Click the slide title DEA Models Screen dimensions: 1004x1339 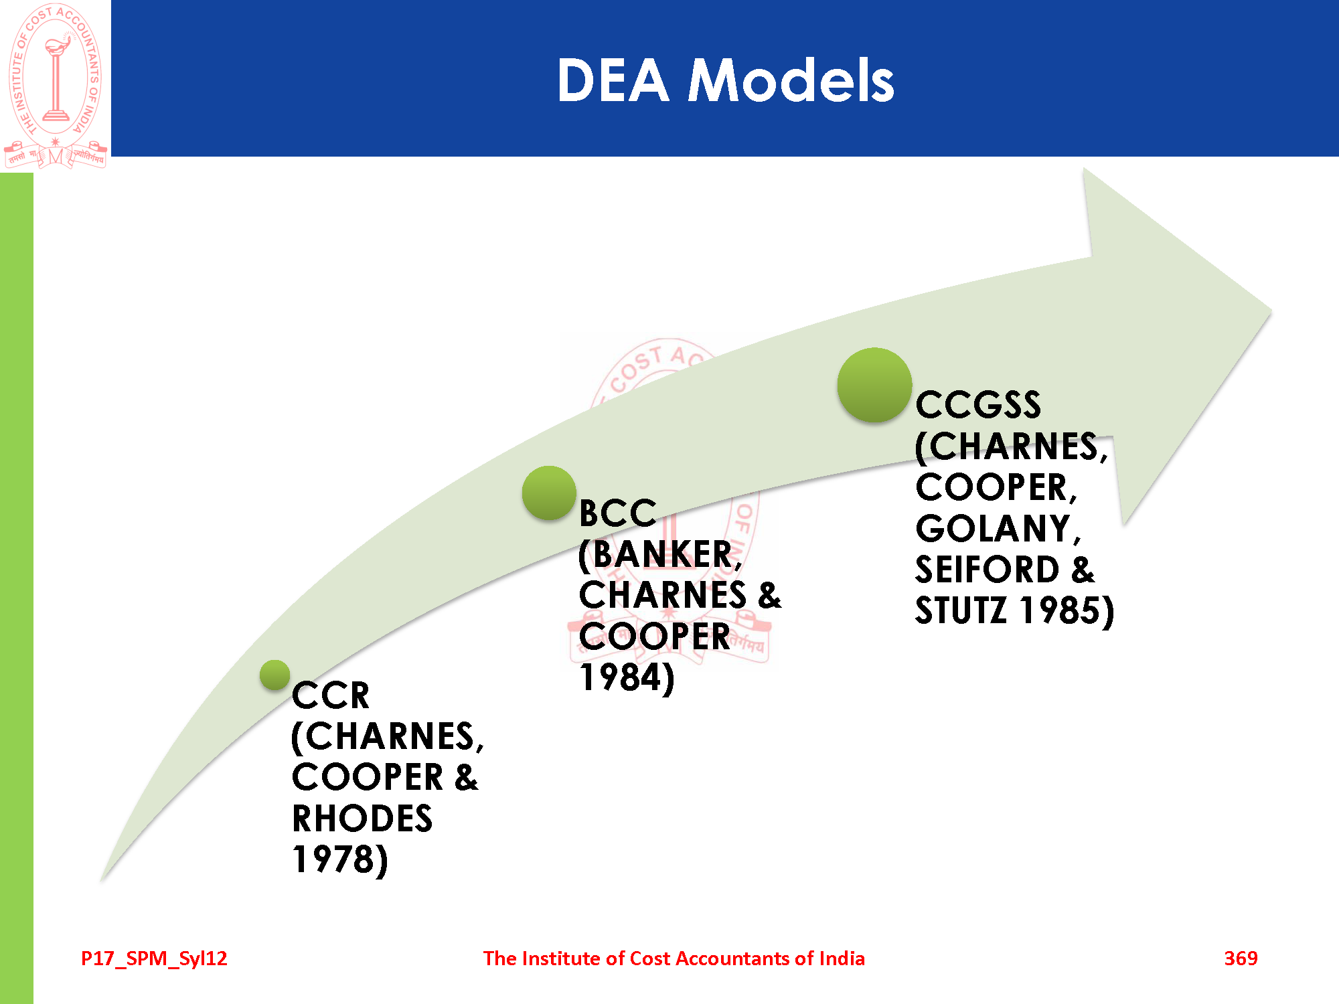click(725, 80)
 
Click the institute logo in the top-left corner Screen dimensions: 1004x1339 click(56, 86)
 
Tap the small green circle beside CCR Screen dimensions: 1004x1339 click(274, 675)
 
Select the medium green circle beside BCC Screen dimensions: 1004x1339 click(549, 493)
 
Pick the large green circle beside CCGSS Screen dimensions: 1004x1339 click(874, 385)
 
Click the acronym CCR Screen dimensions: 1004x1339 click(331, 695)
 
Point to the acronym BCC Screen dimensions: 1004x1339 click(617, 513)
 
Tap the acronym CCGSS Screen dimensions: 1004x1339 click(978, 405)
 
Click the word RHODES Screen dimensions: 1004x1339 click(362, 819)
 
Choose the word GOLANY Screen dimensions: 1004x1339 click(994, 529)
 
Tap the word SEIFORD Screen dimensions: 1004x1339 click(988, 570)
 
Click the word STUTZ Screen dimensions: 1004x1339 click(961, 610)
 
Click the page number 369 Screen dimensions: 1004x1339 click(1241, 958)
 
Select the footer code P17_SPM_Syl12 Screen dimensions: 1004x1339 click(154, 958)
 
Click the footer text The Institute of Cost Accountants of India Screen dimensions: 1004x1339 click(674, 958)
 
